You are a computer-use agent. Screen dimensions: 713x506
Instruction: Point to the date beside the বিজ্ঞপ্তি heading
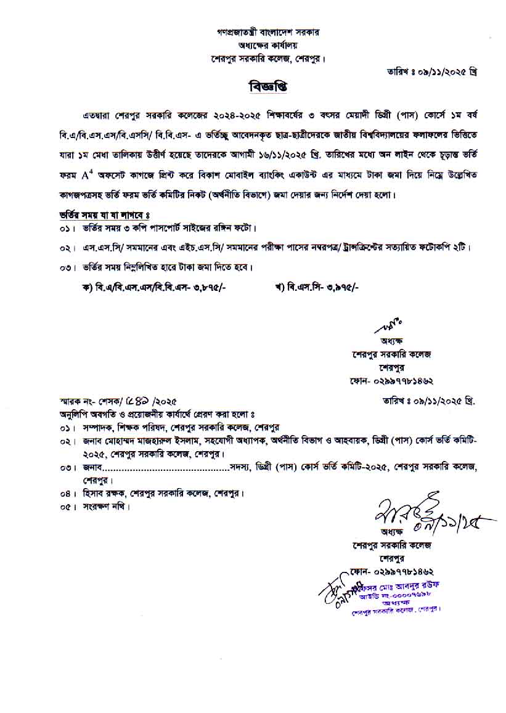(x=429, y=71)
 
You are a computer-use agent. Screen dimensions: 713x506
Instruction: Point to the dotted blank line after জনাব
(x=166, y=468)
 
